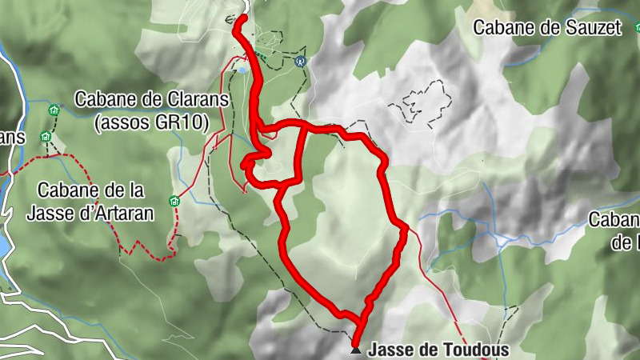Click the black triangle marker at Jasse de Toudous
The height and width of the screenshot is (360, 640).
[x=356, y=350]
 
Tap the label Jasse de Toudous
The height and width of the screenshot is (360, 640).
[x=438, y=350]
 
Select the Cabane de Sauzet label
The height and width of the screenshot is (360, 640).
[x=547, y=27]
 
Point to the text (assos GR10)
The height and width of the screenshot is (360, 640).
[x=151, y=122]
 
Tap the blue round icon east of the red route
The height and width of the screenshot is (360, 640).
[x=301, y=60]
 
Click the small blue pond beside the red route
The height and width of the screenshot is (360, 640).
[x=242, y=70]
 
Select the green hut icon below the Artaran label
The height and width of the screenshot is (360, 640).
[x=174, y=202]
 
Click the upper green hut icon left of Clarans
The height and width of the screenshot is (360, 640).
[x=54, y=110]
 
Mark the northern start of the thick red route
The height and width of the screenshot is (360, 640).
[x=242, y=17]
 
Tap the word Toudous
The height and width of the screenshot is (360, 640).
[x=478, y=350]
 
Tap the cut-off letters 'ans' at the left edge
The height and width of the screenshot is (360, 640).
[x=12, y=136]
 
